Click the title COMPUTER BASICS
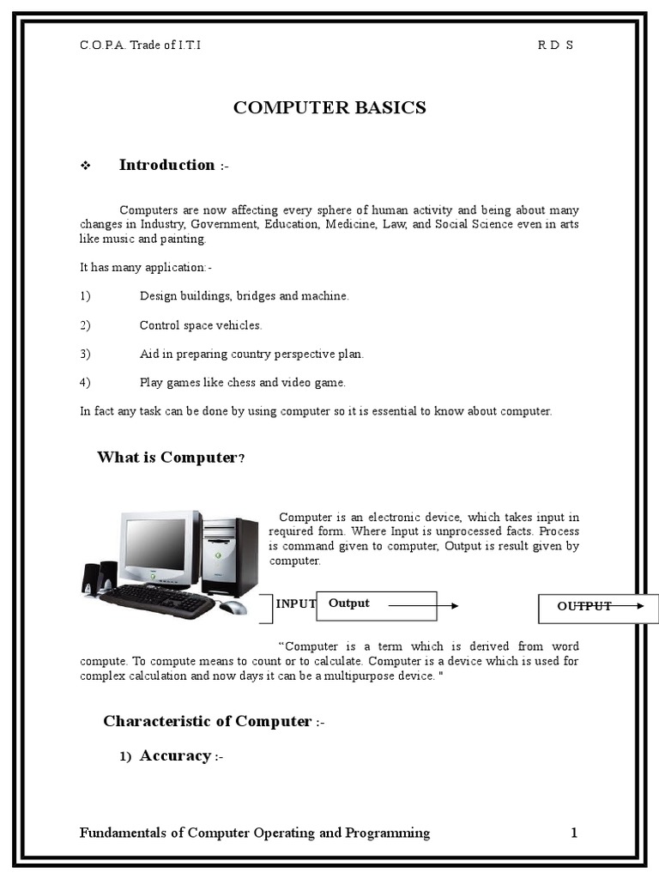click(329, 107)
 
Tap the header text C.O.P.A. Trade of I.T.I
click(141, 45)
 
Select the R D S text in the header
click(555, 45)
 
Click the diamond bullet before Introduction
click(85, 166)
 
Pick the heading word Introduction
click(166, 165)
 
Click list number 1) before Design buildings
click(85, 296)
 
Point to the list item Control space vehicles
click(201, 325)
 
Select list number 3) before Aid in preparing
click(85, 354)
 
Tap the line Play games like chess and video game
click(243, 383)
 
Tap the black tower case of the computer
click(229, 556)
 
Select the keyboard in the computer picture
click(158, 599)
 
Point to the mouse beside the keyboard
click(232, 608)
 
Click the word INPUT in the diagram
click(296, 604)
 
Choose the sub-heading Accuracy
click(175, 755)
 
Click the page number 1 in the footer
click(574, 833)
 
